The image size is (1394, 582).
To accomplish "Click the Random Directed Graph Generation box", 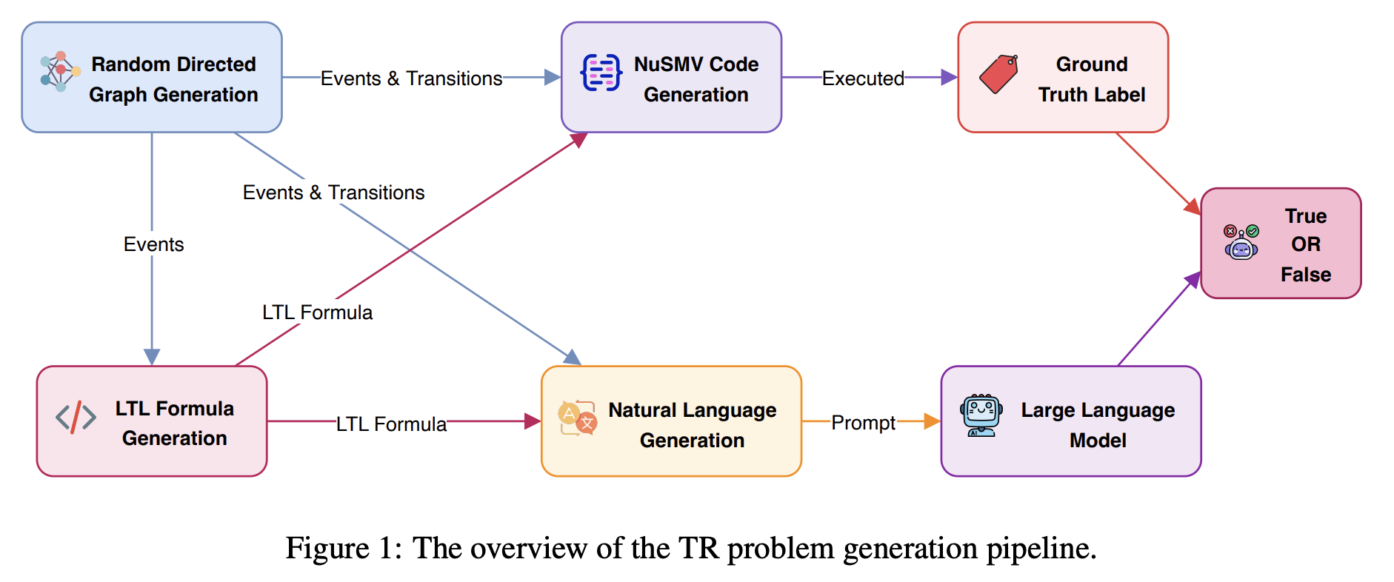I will tap(152, 78).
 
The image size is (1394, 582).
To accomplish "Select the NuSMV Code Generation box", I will tap(671, 78).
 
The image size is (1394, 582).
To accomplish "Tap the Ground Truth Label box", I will tap(1063, 78).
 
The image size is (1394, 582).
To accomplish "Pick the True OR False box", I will tap(1281, 244).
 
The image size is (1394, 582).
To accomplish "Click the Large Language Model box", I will tap(1070, 421).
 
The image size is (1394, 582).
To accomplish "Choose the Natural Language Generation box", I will tap(671, 421).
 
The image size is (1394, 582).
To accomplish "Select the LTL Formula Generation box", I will tap(152, 421).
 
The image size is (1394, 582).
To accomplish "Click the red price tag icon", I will tap(998, 74).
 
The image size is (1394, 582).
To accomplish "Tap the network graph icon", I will tap(60, 72).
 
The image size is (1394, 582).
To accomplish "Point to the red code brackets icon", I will tap(76, 418).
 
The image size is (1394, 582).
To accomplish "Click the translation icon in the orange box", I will tap(578, 418).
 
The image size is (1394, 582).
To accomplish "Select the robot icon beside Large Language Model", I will tap(981, 415).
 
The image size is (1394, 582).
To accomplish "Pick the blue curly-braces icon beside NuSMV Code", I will tap(601, 73).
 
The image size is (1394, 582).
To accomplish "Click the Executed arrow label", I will tap(863, 78).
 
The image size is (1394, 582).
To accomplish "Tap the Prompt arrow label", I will tap(863, 423).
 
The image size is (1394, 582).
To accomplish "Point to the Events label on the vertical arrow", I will tap(153, 244).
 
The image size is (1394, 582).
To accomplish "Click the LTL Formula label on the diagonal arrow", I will tap(317, 312).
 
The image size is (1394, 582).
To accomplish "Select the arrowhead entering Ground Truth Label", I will tap(949, 77).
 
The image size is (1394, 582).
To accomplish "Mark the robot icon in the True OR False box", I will tap(1241, 243).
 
